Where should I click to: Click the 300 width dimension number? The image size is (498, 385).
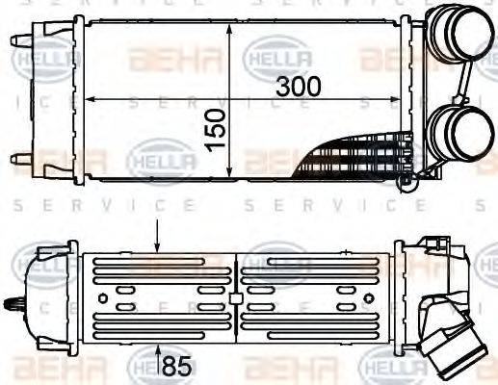[x=299, y=85]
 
